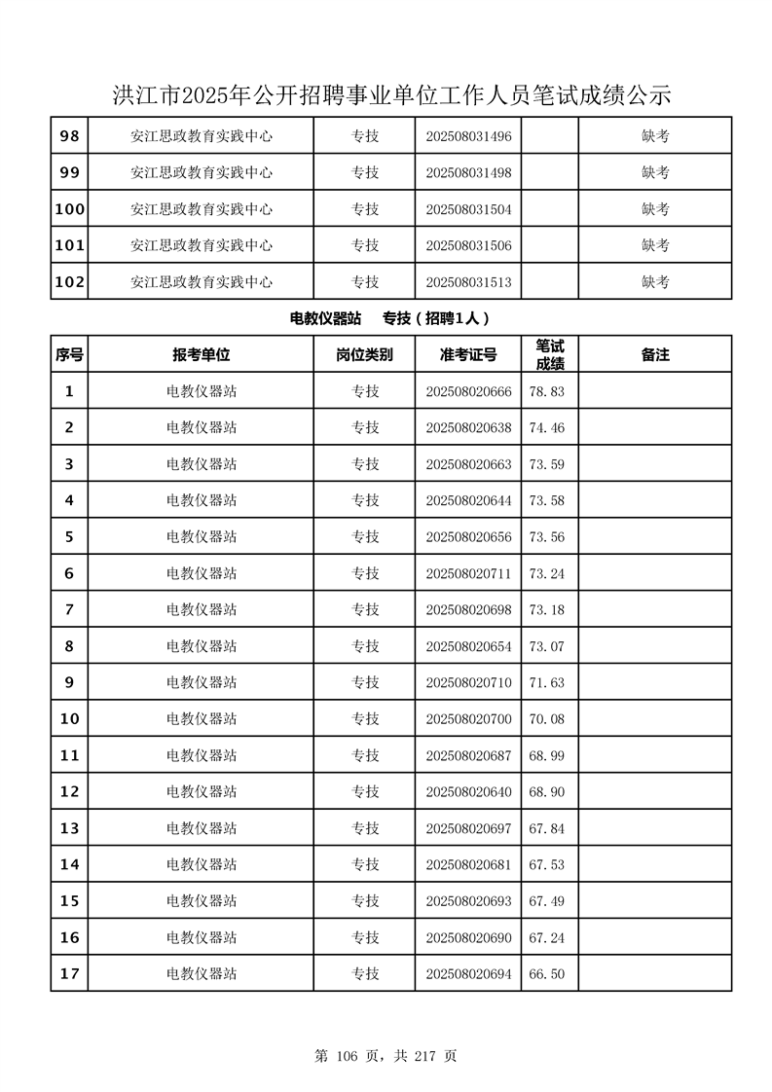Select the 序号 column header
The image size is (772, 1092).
click(69, 355)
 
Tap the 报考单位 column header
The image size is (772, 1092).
click(202, 355)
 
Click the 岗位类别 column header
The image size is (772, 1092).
click(365, 355)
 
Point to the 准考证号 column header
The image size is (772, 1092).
click(468, 355)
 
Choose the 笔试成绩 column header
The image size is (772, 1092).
click(550, 355)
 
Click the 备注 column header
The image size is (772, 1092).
click(655, 355)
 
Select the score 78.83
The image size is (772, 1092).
click(546, 391)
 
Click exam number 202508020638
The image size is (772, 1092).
click(468, 428)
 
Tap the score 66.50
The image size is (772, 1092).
click(546, 974)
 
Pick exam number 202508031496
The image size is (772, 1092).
click(468, 136)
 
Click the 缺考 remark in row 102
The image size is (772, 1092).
click(655, 282)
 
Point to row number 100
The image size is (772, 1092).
click(69, 209)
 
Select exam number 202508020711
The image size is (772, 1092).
click(468, 573)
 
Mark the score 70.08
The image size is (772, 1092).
click(546, 719)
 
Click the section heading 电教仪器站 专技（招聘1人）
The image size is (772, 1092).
click(389, 318)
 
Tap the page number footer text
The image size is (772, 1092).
click(386, 1055)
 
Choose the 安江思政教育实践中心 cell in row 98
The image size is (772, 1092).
click(202, 136)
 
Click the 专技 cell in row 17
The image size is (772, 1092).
click(365, 974)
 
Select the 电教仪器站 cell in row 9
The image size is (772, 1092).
click(202, 682)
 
